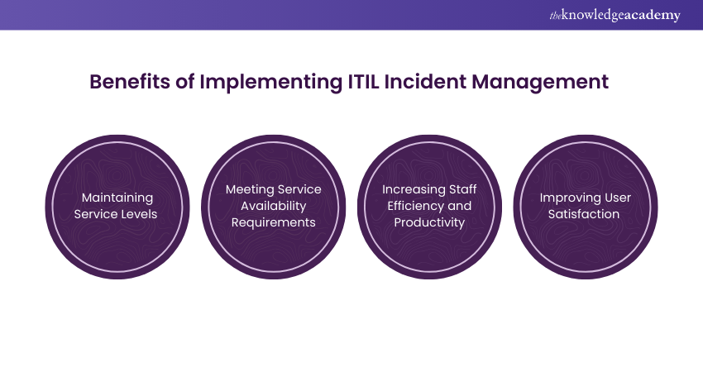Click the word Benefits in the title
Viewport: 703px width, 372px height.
pos(130,82)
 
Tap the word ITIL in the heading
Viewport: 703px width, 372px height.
pos(364,82)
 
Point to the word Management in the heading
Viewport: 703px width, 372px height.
pos(540,83)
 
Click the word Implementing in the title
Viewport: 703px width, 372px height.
pos(270,83)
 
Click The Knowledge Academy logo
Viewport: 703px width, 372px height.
pos(615,15)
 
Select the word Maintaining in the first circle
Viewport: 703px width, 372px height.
pos(117,198)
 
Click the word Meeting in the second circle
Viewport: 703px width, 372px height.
pos(247,189)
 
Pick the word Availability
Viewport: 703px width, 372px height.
pos(274,206)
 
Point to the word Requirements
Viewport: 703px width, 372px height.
pos(274,222)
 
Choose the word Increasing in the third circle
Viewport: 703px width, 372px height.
pos(407,189)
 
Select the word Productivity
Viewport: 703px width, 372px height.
pos(429,222)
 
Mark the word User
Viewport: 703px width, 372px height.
pos(617,198)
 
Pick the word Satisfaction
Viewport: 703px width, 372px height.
pos(584,214)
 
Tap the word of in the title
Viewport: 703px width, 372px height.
pos(184,82)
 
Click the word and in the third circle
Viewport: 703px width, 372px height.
pos(460,206)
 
